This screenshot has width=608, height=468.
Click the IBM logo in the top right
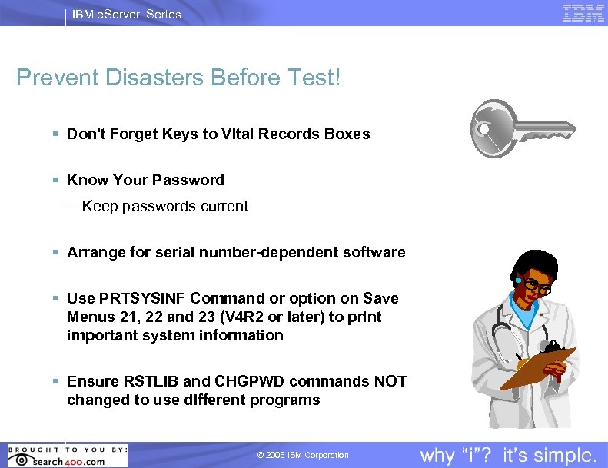583,13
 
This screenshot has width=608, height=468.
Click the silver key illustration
523,130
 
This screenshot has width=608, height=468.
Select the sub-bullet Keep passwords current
164,206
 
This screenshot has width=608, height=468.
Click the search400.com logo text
69,460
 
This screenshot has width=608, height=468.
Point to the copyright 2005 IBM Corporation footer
303,455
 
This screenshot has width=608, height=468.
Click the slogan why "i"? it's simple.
508,455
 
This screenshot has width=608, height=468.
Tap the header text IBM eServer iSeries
127,14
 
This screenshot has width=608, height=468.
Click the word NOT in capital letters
390,381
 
